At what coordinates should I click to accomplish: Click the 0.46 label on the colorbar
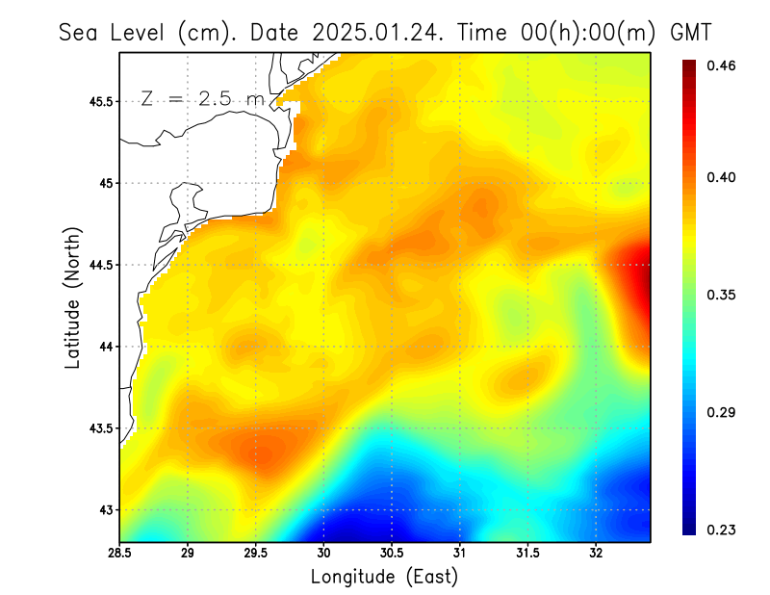(x=723, y=65)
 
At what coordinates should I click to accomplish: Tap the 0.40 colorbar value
(x=723, y=177)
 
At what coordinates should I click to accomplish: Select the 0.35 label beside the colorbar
(x=723, y=295)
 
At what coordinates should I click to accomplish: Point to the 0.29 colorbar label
(x=723, y=412)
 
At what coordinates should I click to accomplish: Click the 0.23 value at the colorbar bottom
(x=723, y=530)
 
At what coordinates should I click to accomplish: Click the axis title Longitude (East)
(x=384, y=577)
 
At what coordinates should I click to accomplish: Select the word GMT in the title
(x=691, y=33)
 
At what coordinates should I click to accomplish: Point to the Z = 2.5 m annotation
(x=202, y=98)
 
